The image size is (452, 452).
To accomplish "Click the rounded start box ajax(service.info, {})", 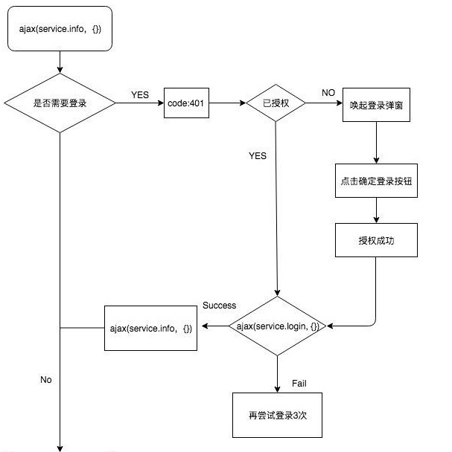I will coord(60,29).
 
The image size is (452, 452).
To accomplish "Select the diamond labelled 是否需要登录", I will coord(60,103).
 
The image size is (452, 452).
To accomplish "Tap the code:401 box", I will coord(186,103).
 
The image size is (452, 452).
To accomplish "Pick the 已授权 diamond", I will coord(276,103).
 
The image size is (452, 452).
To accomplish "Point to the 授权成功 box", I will coord(376,239).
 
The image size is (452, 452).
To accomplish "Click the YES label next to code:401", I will coord(140,95).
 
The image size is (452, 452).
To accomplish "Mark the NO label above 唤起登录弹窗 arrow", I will coord(328,92).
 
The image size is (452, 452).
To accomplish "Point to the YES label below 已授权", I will coord(258,156).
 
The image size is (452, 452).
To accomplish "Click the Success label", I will coord(219,306).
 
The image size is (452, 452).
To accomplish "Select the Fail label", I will coord(299,384).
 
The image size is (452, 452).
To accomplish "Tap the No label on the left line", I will coord(46,380).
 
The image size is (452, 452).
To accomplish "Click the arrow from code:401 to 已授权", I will coord(227,103).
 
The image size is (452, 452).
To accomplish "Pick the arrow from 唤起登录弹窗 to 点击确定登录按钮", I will coord(376,143).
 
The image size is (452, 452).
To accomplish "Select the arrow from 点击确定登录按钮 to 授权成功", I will coord(376,210).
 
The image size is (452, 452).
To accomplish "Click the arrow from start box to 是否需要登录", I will coord(60,62).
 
